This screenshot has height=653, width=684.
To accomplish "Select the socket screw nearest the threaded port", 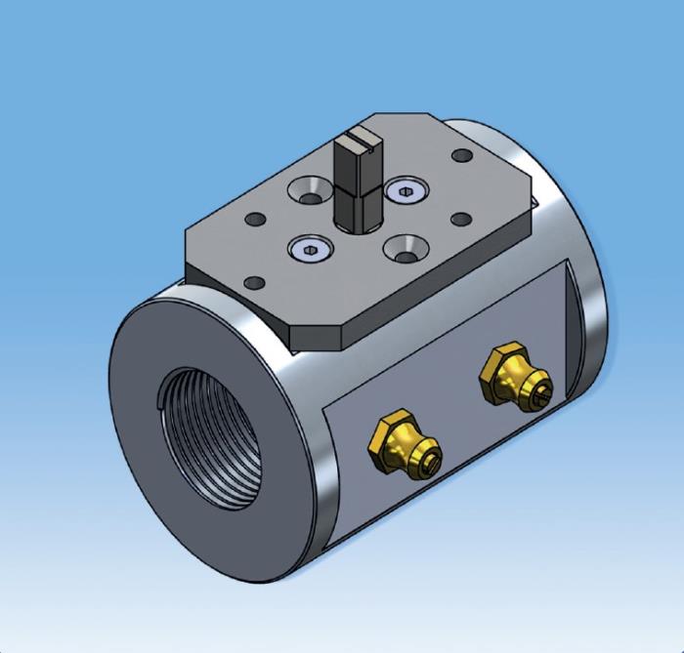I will pos(307,250).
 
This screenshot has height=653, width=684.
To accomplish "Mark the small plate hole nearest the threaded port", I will pos(254,282).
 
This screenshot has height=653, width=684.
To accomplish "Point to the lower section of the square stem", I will pos(358,205).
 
